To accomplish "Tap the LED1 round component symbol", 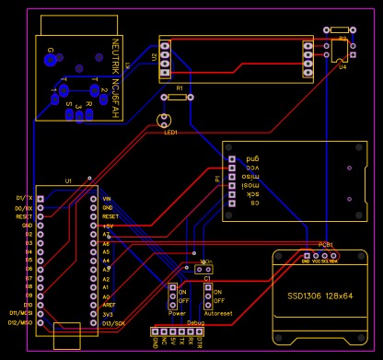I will pyautogui.click(x=165, y=119).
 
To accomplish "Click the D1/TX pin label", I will pyautogui.click(x=24, y=198).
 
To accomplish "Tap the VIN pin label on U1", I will pyautogui.click(x=107, y=198).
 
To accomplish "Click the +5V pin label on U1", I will pyautogui.click(x=107, y=226).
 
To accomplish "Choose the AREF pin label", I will pyautogui.click(x=109, y=305).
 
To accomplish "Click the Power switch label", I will pyautogui.click(x=177, y=313).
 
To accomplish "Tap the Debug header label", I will pyautogui.click(x=195, y=323).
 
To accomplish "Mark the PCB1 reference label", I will pyautogui.click(x=326, y=244).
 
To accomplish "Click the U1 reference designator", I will pyautogui.click(x=68, y=181).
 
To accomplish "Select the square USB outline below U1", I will pyautogui.click(x=68, y=335).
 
